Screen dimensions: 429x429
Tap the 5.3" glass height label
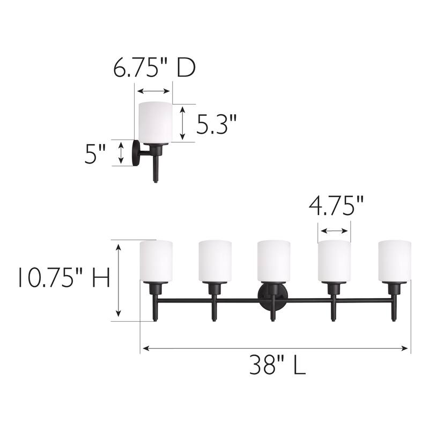216,125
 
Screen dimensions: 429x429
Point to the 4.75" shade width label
336,206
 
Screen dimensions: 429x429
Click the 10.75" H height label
63,278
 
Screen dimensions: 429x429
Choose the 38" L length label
277,366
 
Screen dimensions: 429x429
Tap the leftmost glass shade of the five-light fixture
156,261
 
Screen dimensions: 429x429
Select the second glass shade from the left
215,261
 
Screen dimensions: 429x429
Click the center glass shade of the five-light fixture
273,261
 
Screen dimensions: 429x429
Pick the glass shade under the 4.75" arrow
334,261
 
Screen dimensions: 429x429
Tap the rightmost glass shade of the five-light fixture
394,261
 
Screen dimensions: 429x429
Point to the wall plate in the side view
137,153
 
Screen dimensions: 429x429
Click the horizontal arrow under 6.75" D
153,91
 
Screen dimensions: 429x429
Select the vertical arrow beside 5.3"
183,123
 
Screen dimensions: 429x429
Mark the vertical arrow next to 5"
121,153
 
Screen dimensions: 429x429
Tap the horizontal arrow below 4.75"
334,231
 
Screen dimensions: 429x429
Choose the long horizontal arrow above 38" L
275,348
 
